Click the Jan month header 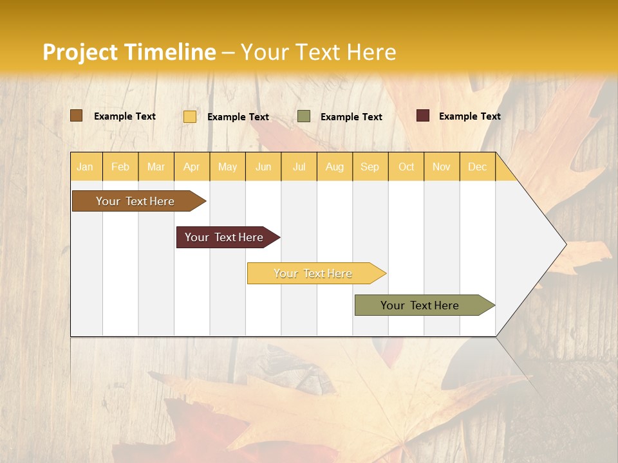tap(85, 167)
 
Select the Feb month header tap(120, 167)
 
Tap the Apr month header tap(191, 167)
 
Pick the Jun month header tap(263, 167)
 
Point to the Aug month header tap(334, 167)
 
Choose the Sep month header tap(370, 167)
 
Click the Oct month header tap(406, 167)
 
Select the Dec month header tap(477, 167)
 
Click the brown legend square tap(76, 116)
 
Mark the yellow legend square tap(190, 116)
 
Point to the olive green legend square tap(304, 116)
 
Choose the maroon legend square tap(423, 116)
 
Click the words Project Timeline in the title tap(129, 52)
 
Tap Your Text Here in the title tap(318, 52)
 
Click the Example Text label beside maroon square tap(469, 116)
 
